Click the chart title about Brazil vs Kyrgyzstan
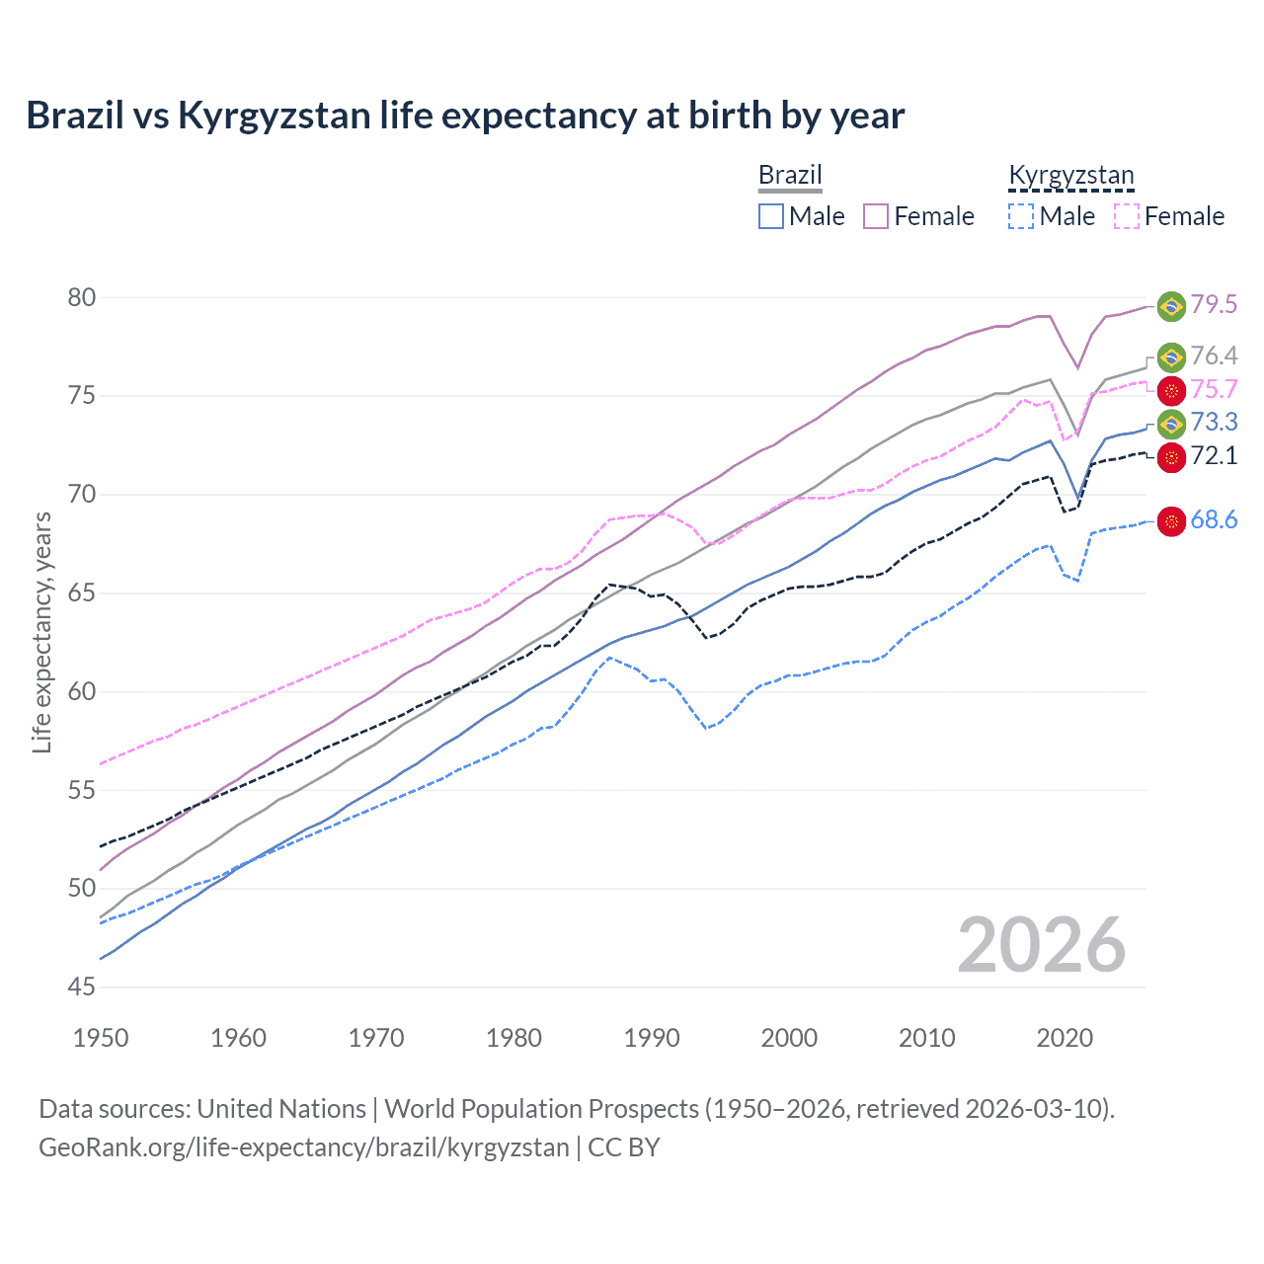point(465,116)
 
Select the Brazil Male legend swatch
point(771,216)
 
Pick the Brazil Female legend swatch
point(876,216)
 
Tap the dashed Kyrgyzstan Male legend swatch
point(1021,216)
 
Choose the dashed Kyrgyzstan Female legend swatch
point(1127,216)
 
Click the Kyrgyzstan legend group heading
point(1071,176)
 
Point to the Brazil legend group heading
point(790,176)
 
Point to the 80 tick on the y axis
point(82,297)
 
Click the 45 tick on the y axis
point(82,987)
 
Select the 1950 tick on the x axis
point(101,1038)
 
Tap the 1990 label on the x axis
point(652,1038)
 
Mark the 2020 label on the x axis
point(1065,1038)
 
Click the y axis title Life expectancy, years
point(42,632)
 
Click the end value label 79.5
point(1214,305)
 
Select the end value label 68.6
point(1214,520)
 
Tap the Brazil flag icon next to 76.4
point(1171,356)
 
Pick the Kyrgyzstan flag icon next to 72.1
point(1171,456)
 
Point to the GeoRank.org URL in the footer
point(304,1147)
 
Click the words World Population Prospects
point(541,1109)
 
